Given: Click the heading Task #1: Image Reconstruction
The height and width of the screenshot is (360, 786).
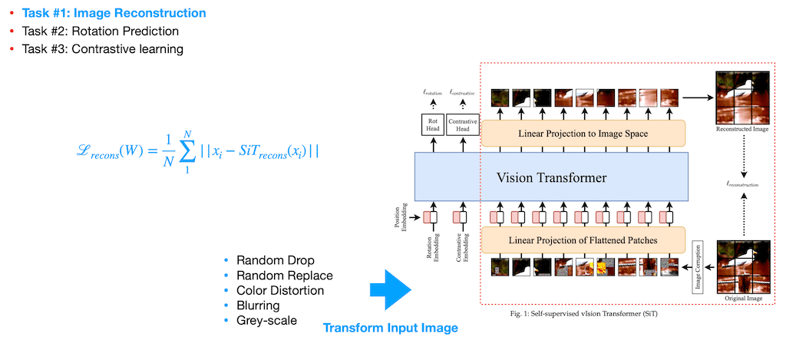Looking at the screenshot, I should click(x=114, y=13).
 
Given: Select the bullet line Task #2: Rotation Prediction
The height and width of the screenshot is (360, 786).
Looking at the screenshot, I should click(x=100, y=31).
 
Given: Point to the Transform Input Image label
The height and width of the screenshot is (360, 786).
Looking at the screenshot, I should click(x=390, y=328).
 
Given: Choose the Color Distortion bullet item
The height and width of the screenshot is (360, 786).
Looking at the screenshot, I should click(x=279, y=291).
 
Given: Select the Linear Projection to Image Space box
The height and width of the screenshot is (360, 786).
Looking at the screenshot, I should click(x=582, y=134).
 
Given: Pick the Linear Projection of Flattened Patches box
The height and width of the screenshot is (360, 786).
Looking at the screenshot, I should click(x=582, y=241).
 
